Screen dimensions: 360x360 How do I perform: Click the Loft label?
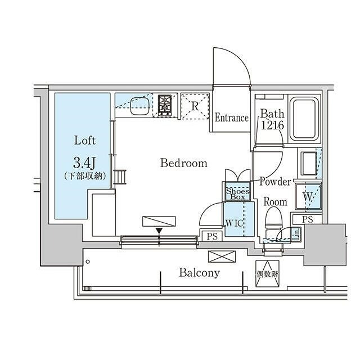(84, 140)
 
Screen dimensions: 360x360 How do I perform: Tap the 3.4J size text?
(84, 163)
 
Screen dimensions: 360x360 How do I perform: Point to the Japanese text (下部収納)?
(84, 176)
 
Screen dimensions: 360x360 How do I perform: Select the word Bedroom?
(183, 164)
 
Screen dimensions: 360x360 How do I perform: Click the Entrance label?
(231, 118)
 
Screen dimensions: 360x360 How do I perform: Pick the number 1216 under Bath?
(272, 125)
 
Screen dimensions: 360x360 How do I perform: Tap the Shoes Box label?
(238, 193)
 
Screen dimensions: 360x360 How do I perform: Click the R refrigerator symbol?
(195, 105)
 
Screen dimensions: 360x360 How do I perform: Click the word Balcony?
(199, 273)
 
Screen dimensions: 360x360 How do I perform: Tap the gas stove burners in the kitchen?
(165, 105)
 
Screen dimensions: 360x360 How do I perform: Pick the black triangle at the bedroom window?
(159, 231)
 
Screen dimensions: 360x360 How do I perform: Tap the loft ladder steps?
(118, 178)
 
